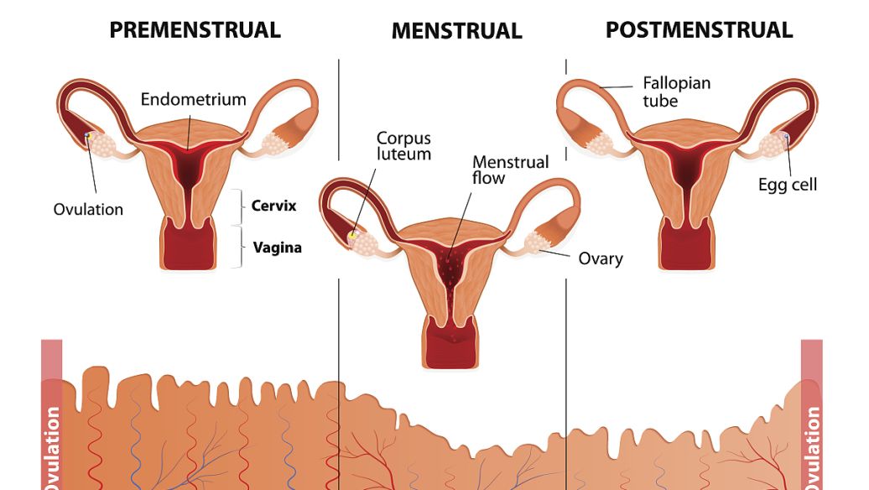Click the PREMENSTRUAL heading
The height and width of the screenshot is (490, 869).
click(195, 31)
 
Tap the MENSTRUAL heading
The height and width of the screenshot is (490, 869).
click(456, 32)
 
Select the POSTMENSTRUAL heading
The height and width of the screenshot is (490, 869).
click(699, 31)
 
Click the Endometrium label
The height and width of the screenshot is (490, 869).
click(193, 99)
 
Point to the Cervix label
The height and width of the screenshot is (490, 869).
click(273, 206)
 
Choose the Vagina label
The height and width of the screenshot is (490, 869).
click(277, 248)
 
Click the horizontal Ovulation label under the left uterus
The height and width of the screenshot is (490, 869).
click(88, 209)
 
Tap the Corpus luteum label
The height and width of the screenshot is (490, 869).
click(403, 145)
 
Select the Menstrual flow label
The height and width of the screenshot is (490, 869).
click(510, 169)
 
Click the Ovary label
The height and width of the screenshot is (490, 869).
click(601, 258)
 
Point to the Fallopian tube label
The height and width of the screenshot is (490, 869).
click(676, 91)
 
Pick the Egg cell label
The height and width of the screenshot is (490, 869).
click(787, 185)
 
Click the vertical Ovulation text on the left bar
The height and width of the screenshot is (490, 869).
click(52, 445)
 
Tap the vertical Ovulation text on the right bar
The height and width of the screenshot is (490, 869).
click(811, 445)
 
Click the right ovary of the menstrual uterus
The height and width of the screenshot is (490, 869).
click(536, 245)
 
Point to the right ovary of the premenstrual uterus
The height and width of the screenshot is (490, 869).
click(276, 143)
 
